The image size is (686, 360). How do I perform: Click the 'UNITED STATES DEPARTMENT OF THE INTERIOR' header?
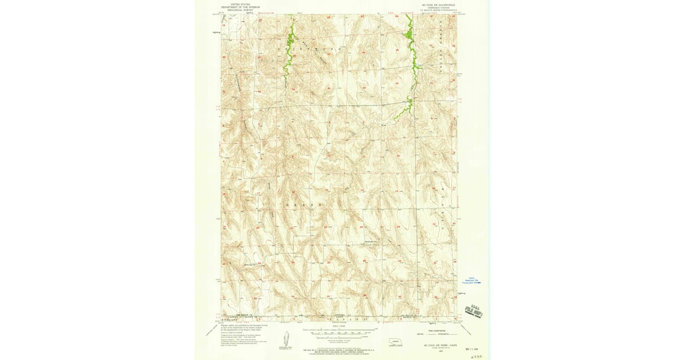point(241,6)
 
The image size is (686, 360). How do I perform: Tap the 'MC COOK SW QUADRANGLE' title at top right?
point(438,4)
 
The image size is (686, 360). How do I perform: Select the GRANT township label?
point(300,204)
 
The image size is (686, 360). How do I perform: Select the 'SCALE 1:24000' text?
point(340,325)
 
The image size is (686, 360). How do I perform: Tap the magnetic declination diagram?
point(285,340)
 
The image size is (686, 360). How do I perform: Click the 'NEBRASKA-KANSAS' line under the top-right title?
point(438,7)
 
